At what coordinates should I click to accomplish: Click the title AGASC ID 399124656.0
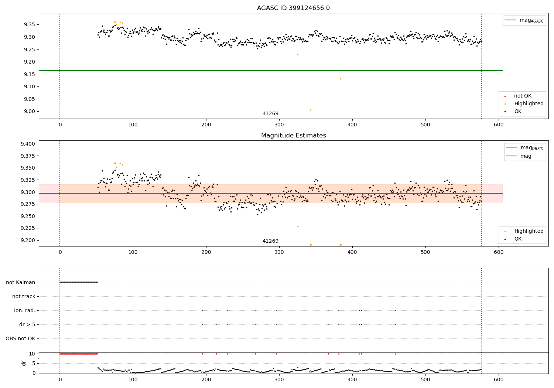(293, 8)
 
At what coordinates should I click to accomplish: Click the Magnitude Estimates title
(294, 135)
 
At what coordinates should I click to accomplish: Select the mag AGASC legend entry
(524, 20)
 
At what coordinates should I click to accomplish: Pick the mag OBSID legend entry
(524, 148)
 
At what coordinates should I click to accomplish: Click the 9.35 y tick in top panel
(29, 24)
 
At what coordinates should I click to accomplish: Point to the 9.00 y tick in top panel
(29, 111)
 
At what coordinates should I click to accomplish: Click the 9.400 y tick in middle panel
(28, 144)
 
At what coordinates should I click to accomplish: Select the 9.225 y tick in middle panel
(28, 228)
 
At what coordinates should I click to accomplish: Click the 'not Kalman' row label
(21, 282)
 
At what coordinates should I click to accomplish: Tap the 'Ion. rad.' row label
(24, 310)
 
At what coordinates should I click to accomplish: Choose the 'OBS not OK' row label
(20, 338)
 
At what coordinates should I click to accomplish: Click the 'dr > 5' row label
(27, 324)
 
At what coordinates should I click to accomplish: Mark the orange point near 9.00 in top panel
(311, 110)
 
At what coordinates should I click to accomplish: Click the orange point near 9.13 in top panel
(341, 79)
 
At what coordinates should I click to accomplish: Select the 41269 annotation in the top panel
(270, 113)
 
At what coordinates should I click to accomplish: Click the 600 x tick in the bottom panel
(499, 380)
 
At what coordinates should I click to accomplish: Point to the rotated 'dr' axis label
(24, 364)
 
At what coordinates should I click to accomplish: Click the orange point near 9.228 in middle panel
(298, 227)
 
